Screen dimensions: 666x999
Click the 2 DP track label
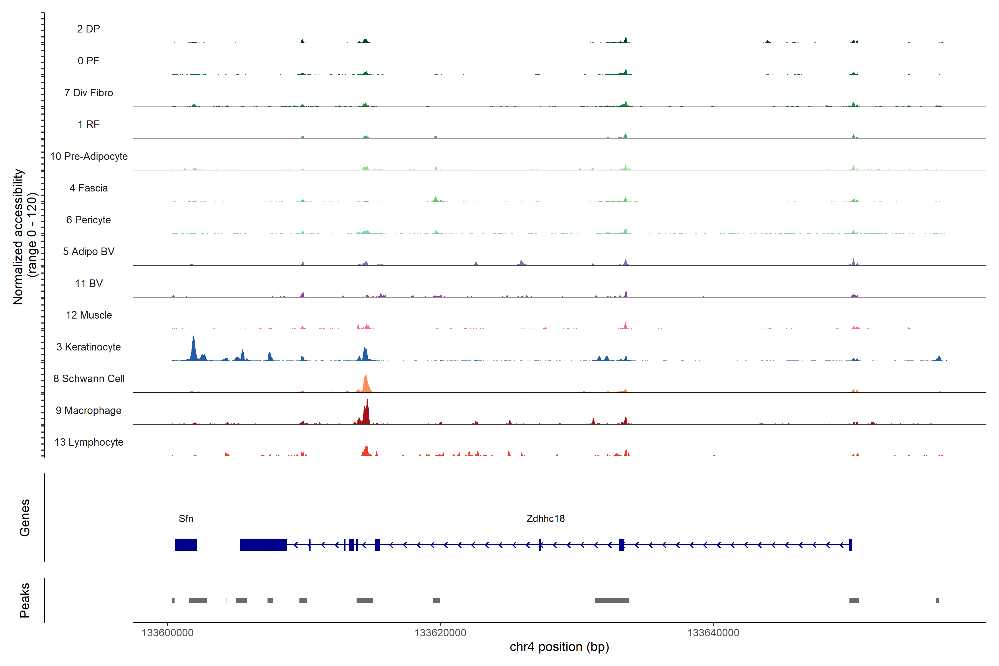[88, 29]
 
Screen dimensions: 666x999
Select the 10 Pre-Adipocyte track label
[89, 156]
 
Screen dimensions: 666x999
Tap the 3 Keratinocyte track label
[88, 347]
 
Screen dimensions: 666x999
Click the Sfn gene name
[186, 519]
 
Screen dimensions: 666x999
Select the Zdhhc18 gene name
[545, 519]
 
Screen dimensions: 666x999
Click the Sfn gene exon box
[186, 544]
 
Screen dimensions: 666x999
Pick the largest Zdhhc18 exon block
[263, 544]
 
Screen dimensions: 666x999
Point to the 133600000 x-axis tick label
[167, 633]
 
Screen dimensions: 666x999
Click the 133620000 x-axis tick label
[440, 633]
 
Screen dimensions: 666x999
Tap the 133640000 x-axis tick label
[713, 633]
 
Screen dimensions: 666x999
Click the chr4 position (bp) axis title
[559, 647]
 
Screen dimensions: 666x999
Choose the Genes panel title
[25, 518]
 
